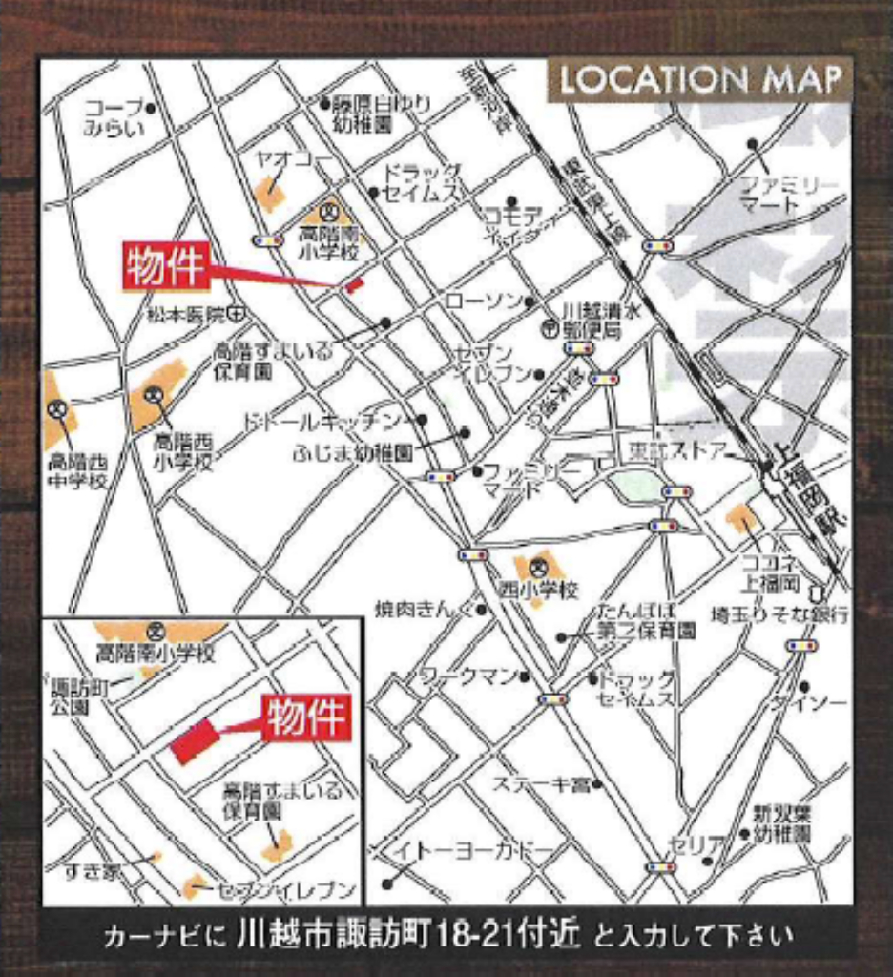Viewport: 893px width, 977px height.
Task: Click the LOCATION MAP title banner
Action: [x=700, y=79]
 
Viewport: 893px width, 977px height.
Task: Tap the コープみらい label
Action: [x=113, y=117]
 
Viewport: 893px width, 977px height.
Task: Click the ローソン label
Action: [x=484, y=301]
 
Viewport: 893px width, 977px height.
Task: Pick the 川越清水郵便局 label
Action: [x=592, y=321]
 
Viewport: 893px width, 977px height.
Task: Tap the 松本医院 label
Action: [x=185, y=313]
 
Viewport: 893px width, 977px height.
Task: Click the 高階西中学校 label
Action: [x=77, y=471]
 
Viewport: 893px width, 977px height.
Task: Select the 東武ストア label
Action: [x=677, y=450]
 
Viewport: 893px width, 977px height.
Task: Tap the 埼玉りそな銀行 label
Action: [x=779, y=614]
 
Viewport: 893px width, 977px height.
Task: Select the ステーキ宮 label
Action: [x=540, y=784]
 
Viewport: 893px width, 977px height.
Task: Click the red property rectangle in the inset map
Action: [x=195, y=741]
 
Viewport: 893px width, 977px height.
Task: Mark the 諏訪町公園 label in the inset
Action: [x=70, y=696]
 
